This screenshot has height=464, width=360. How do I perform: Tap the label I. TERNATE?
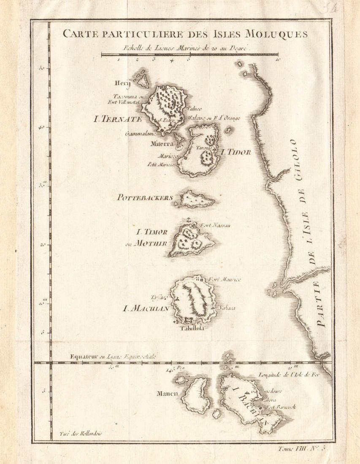tap(118, 119)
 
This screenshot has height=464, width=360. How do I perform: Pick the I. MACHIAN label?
tap(146, 308)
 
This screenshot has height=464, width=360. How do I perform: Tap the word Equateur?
tap(84, 357)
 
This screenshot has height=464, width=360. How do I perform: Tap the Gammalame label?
tap(141, 134)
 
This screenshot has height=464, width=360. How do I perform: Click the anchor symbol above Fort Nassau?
tap(188, 220)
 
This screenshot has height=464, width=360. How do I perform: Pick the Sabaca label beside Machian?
tap(227, 308)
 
